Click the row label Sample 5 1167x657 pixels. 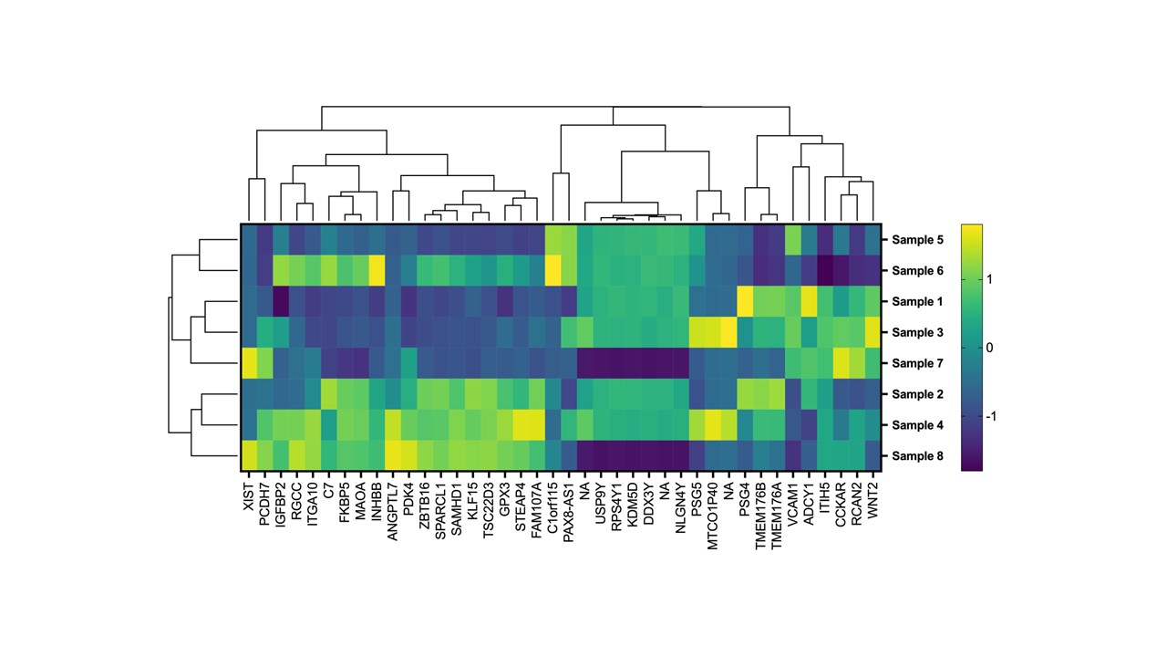coord(918,240)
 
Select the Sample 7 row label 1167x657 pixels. coord(918,363)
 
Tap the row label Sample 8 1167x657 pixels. coord(918,455)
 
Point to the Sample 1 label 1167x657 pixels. coord(918,302)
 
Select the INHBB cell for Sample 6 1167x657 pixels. coord(377,271)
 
